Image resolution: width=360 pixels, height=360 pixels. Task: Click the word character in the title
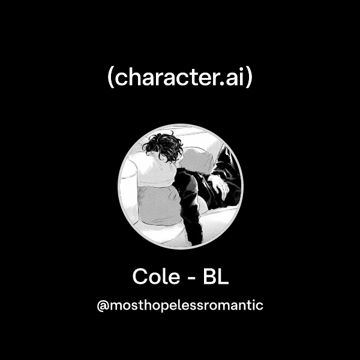point(169,79)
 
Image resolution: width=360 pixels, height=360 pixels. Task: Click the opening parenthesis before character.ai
point(111,79)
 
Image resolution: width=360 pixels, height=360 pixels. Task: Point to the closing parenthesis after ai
point(249,79)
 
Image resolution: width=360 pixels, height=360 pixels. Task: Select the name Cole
point(155,277)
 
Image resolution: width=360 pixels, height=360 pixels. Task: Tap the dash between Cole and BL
point(190,278)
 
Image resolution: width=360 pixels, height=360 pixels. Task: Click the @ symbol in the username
point(102,305)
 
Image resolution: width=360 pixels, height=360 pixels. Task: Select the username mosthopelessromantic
point(186,305)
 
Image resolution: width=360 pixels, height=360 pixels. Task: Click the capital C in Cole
point(140,277)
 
